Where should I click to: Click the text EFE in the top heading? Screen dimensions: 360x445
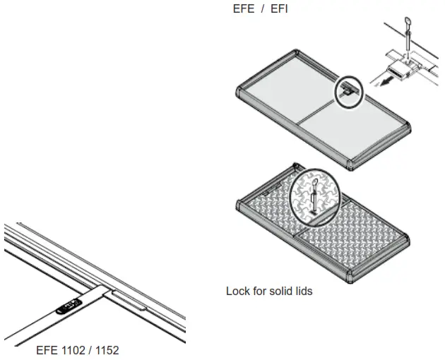243,9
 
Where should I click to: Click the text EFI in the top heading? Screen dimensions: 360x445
278,9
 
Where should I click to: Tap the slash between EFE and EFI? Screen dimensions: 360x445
261,9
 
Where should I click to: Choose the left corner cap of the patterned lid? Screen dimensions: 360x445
238,205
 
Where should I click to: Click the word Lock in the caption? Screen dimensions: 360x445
237,291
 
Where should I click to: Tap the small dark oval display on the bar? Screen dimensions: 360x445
69,306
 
